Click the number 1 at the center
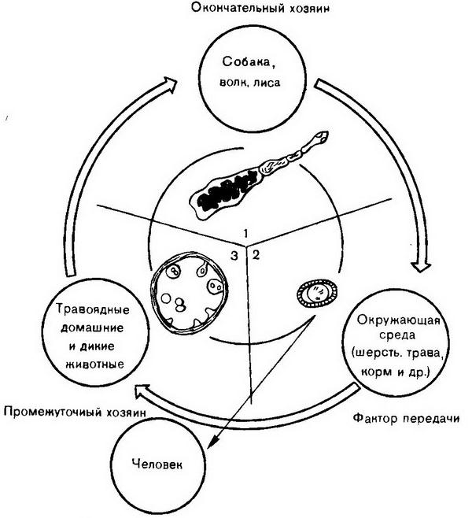[246, 233]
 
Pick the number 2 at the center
[256, 253]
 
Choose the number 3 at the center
[234, 254]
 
